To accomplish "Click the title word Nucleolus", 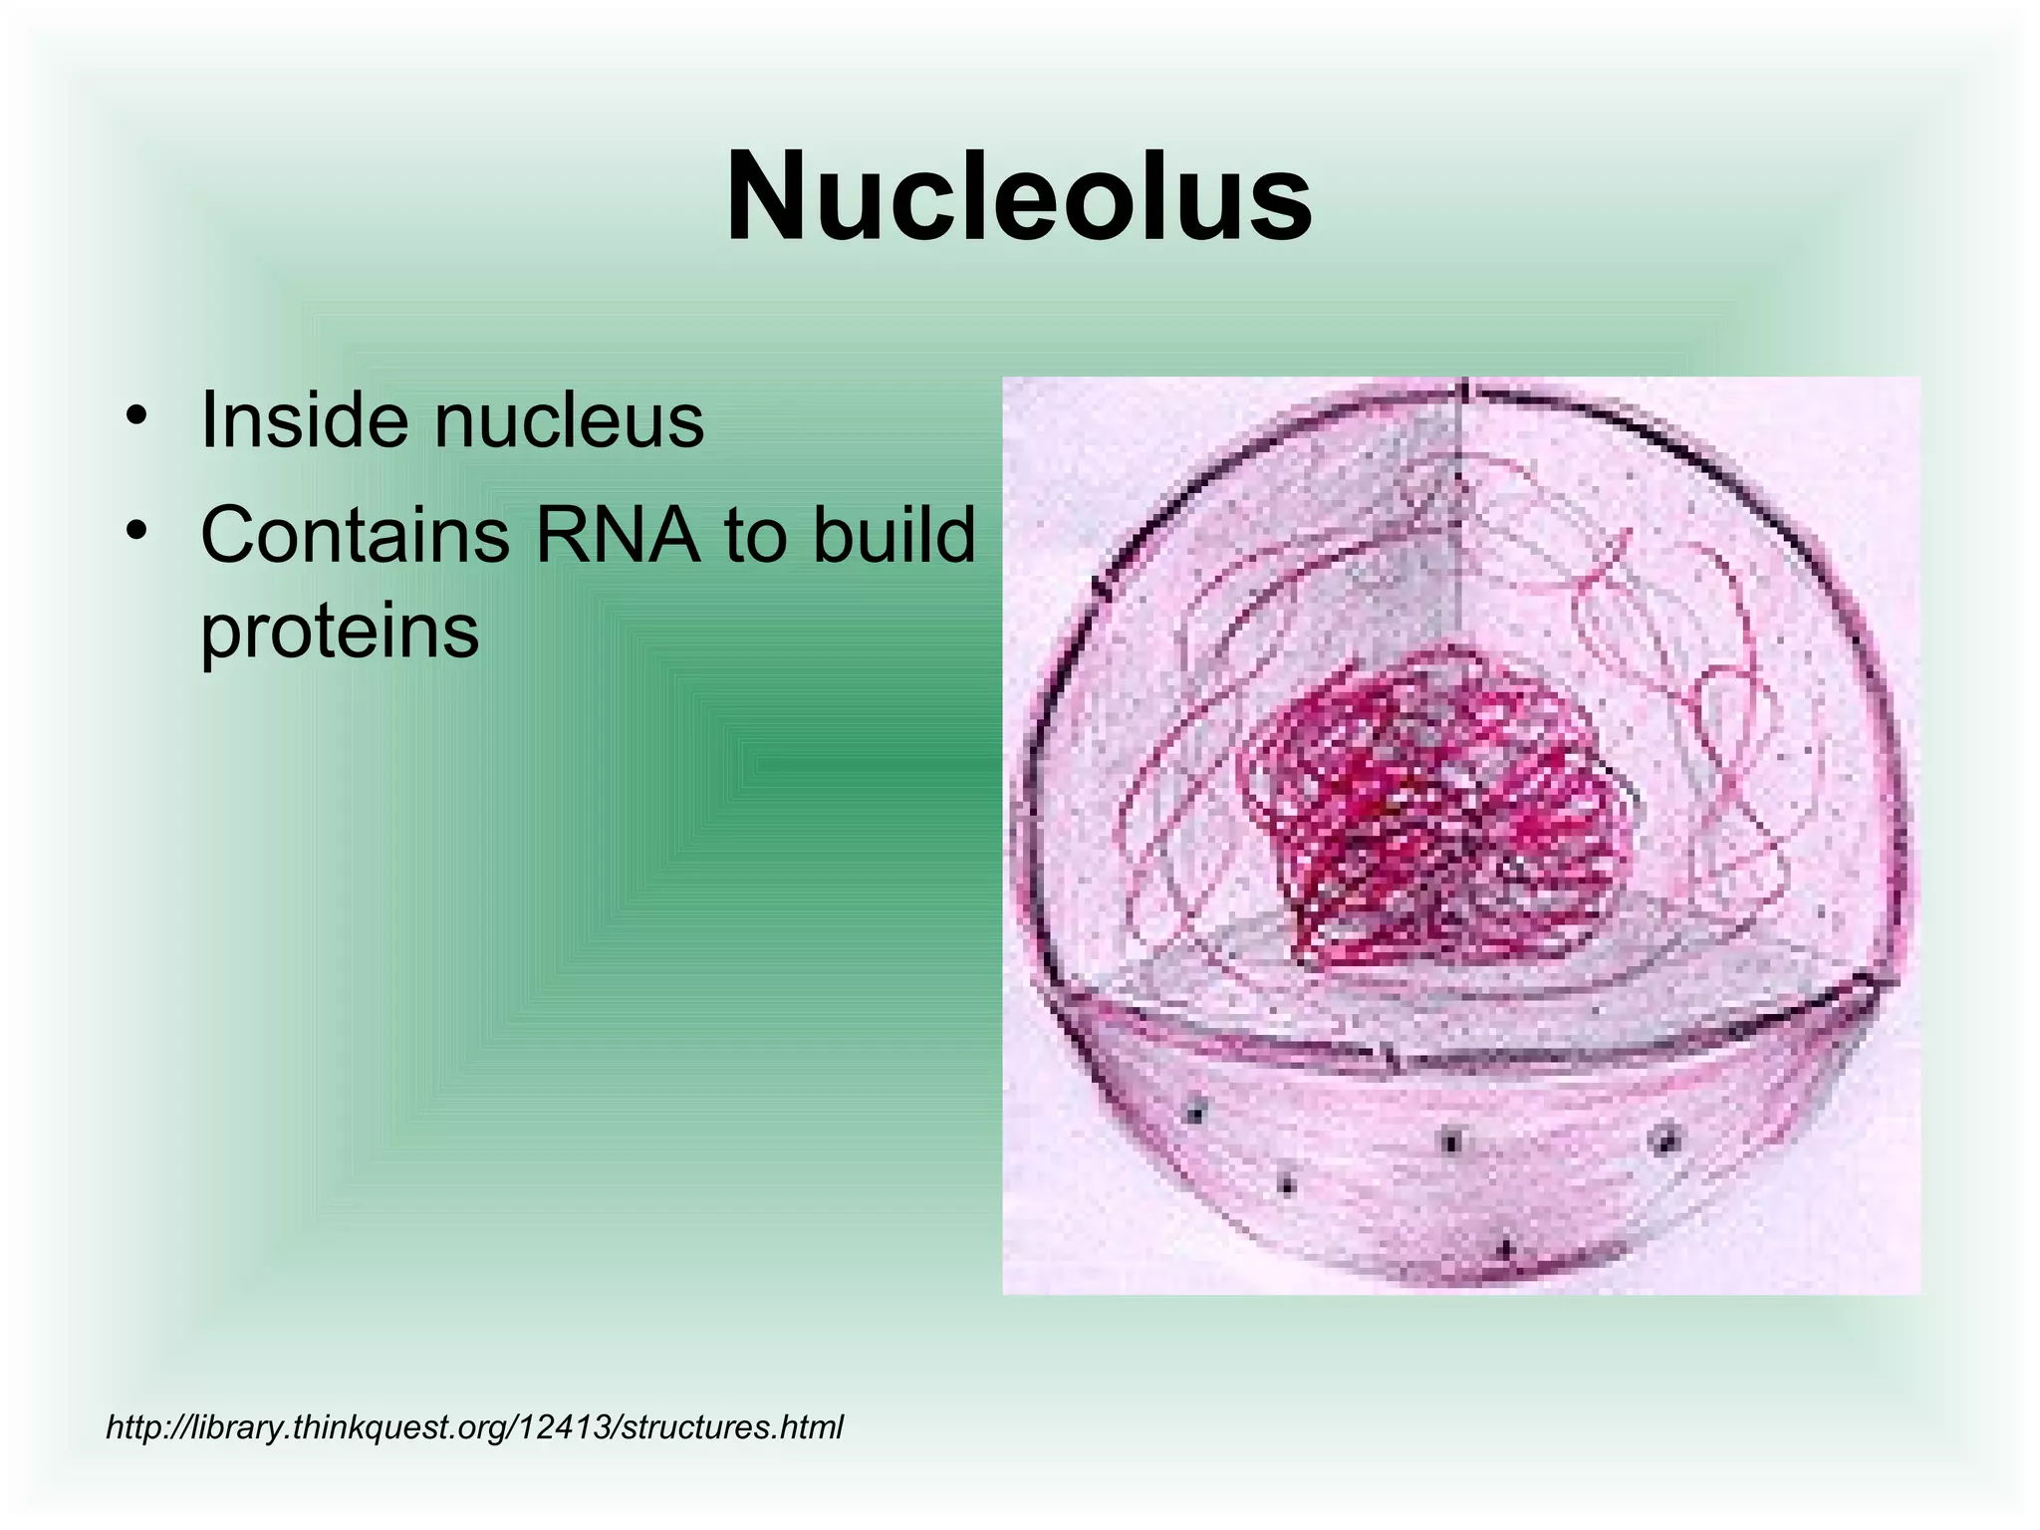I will pos(1019,196).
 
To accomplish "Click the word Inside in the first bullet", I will pos(304,420).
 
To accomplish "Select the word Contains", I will pos(355,536).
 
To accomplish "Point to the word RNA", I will pos(618,536).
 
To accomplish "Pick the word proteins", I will pos(340,632).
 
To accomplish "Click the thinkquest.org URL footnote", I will pos(474,1427).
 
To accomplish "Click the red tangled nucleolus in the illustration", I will pos(1434,807).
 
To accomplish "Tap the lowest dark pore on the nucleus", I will pos(1506,1247).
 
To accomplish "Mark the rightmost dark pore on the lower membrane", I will pos(1664,1139).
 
